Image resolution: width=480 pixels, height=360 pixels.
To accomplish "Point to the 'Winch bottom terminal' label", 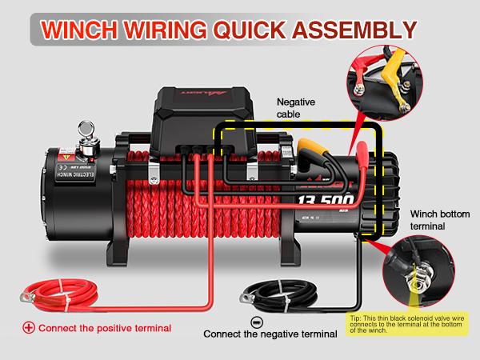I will pos(441,221).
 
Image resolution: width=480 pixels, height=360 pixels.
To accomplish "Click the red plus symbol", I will pos(29,328).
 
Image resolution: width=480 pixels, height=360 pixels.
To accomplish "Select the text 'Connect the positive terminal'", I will pos(104,328).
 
